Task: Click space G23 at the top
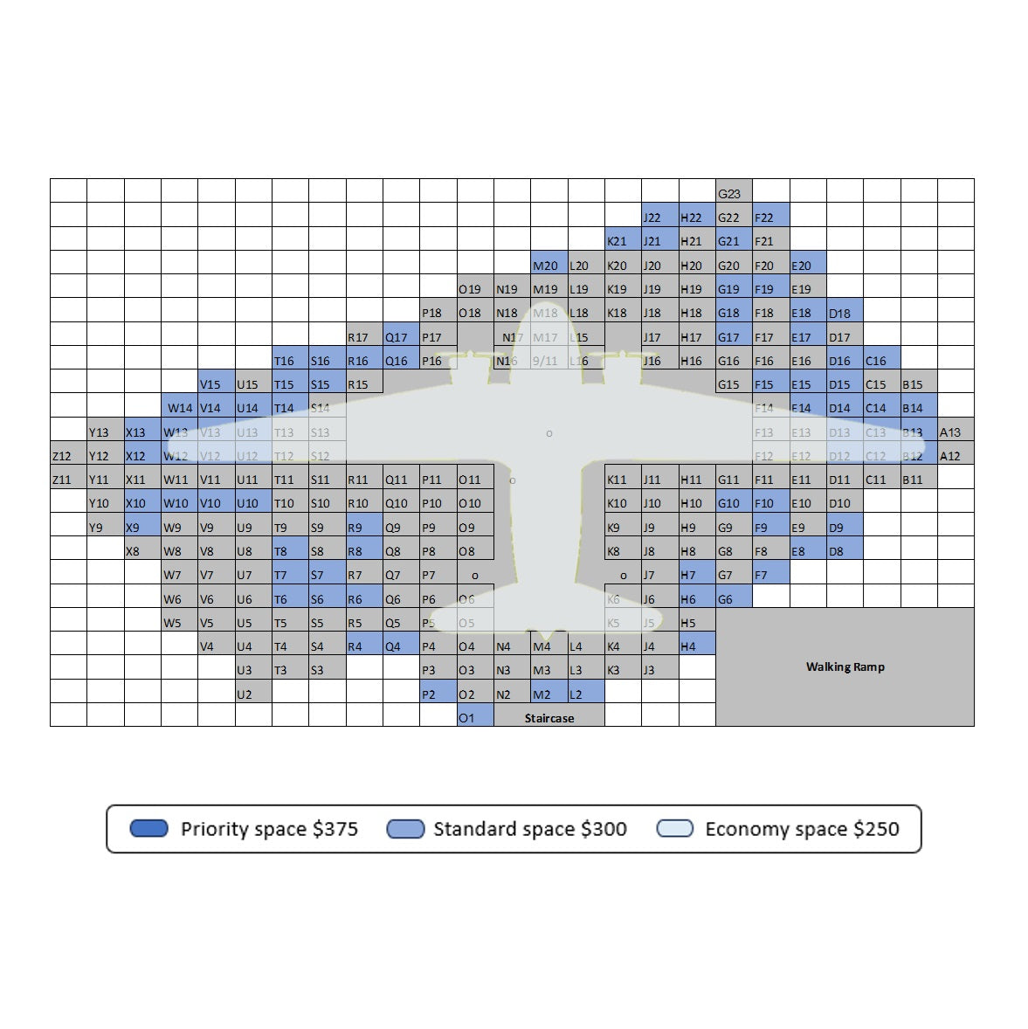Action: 733,191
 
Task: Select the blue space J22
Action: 659,216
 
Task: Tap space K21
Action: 622,239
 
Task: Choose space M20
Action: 548,263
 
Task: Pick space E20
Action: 807,263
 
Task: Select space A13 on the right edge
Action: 956,431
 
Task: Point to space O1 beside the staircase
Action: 474,715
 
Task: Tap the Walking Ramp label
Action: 845,666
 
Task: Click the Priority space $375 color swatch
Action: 148,828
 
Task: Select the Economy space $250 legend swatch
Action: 674,828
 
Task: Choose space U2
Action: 252,693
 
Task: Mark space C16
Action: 881,359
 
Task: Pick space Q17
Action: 401,335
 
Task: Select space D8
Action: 844,549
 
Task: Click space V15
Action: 216,383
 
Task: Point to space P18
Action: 438,311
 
